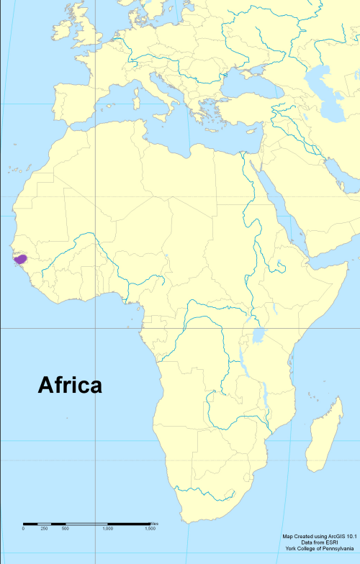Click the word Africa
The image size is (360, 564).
tap(70, 385)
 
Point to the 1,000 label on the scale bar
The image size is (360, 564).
tap(107, 529)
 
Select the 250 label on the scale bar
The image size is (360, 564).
tap(44, 529)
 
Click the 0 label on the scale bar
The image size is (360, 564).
tap(23, 529)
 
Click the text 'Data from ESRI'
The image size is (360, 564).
tap(320, 542)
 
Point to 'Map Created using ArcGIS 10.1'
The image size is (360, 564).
tap(320, 536)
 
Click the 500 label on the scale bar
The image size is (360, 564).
tap(65, 529)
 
